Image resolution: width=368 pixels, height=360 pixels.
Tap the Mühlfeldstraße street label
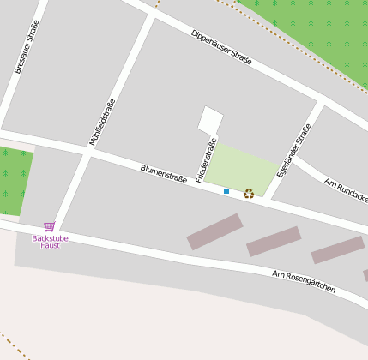102,122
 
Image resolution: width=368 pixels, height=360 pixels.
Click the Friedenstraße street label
206,160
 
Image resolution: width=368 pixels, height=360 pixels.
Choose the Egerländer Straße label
293,151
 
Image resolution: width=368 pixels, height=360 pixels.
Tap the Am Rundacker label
347,190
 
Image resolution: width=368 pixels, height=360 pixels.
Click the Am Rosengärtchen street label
304,283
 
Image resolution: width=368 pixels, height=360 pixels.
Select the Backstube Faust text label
50,241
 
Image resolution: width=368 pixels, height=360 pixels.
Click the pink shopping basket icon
49,226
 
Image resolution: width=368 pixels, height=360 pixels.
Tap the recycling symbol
249,194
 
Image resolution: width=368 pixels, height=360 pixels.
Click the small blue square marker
226,190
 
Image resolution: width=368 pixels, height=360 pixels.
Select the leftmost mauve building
214,231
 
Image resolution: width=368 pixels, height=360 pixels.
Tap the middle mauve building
274,241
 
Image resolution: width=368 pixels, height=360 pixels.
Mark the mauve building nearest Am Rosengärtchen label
337,249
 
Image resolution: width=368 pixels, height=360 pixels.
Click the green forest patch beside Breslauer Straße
15,180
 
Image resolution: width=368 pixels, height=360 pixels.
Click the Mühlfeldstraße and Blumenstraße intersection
87,152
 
